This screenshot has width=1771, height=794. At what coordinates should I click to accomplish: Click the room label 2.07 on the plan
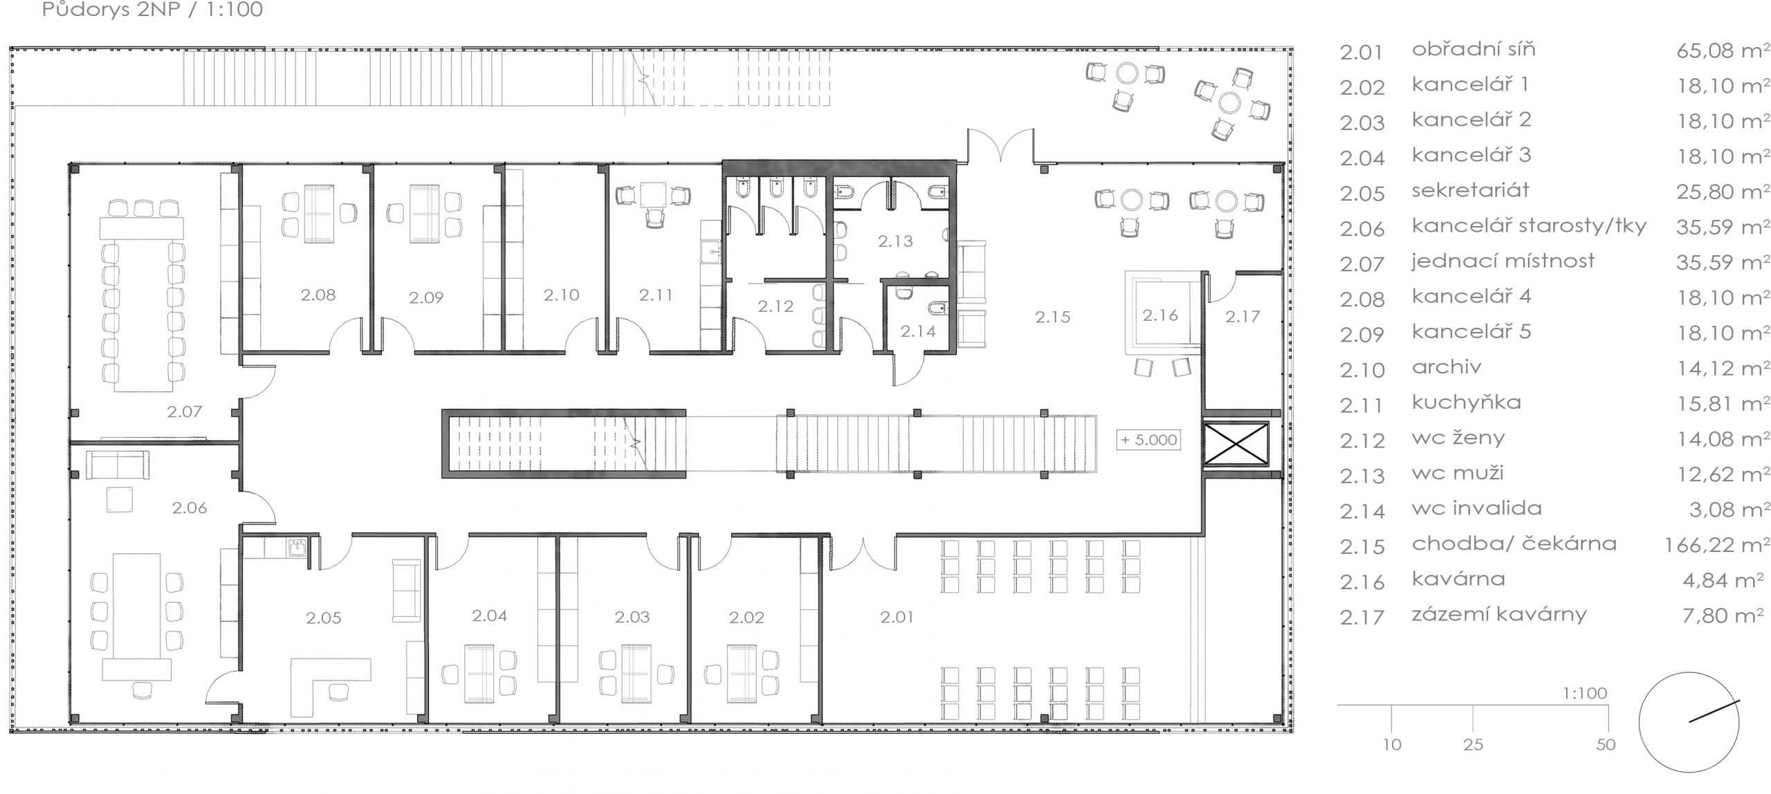pyautogui.click(x=184, y=412)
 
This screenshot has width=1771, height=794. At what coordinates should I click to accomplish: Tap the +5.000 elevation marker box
pyautogui.click(x=1148, y=440)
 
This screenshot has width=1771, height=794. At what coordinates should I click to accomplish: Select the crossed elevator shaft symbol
pyautogui.click(x=1236, y=444)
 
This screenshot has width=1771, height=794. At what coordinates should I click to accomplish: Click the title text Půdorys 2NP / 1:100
pyautogui.click(x=152, y=10)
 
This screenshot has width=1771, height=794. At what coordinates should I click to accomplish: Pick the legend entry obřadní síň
pyautogui.click(x=1474, y=50)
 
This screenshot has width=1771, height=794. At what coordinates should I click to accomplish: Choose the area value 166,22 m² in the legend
pyautogui.click(x=1717, y=545)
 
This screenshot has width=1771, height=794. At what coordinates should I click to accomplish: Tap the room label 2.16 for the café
pyautogui.click(x=1160, y=315)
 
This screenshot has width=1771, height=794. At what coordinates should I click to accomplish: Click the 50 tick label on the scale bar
pyautogui.click(x=1606, y=744)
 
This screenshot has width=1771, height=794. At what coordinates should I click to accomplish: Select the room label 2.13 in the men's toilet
pyautogui.click(x=895, y=241)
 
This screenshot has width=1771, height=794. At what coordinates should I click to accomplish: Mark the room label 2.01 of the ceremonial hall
pyautogui.click(x=897, y=617)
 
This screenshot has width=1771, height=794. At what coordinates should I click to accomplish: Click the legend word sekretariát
pyautogui.click(x=1470, y=190)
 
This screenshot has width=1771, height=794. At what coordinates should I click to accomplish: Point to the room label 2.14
pyautogui.click(x=918, y=332)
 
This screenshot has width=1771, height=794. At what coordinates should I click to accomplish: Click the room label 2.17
pyautogui.click(x=1242, y=317)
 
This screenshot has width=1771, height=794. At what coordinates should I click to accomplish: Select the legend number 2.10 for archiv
pyautogui.click(x=1362, y=370)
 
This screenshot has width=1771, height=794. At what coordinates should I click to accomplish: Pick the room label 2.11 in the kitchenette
pyautogui.click(x=656, y=295)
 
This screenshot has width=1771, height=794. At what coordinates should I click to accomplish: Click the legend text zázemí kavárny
pyautogui.click(x=1499, y=615)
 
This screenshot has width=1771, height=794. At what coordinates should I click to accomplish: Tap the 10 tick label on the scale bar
pyautogui.click(x=1392, y=744)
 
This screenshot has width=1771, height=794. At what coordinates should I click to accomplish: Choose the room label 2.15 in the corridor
pyautogui.click(x=1052, y=317)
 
